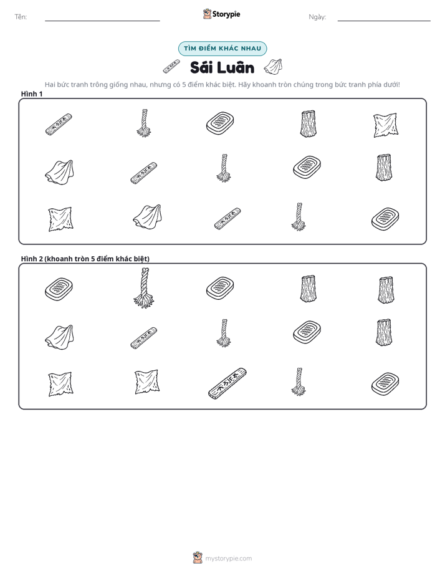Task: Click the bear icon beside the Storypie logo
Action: (207, 14)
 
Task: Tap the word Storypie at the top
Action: (226, 14)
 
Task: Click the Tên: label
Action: (21, 17)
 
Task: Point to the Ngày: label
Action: (317, 17)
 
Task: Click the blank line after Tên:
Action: (102, 21)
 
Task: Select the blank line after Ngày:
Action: (384, 21)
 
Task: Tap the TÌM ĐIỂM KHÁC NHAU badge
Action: (222, 49)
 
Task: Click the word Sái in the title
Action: (201, 67)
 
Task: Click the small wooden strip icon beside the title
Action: (171, 66)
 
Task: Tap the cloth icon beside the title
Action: (273, 67)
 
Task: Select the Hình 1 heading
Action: (32, 94)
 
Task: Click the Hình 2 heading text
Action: (85, 259)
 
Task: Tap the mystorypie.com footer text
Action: (228, 559)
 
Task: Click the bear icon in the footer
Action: (198, 558)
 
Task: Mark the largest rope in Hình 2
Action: (143, 288)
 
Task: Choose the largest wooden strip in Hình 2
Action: (227, 383)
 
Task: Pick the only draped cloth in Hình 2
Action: (59, 337)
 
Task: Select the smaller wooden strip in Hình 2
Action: (143, 338)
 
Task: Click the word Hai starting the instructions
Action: (50, 85)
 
